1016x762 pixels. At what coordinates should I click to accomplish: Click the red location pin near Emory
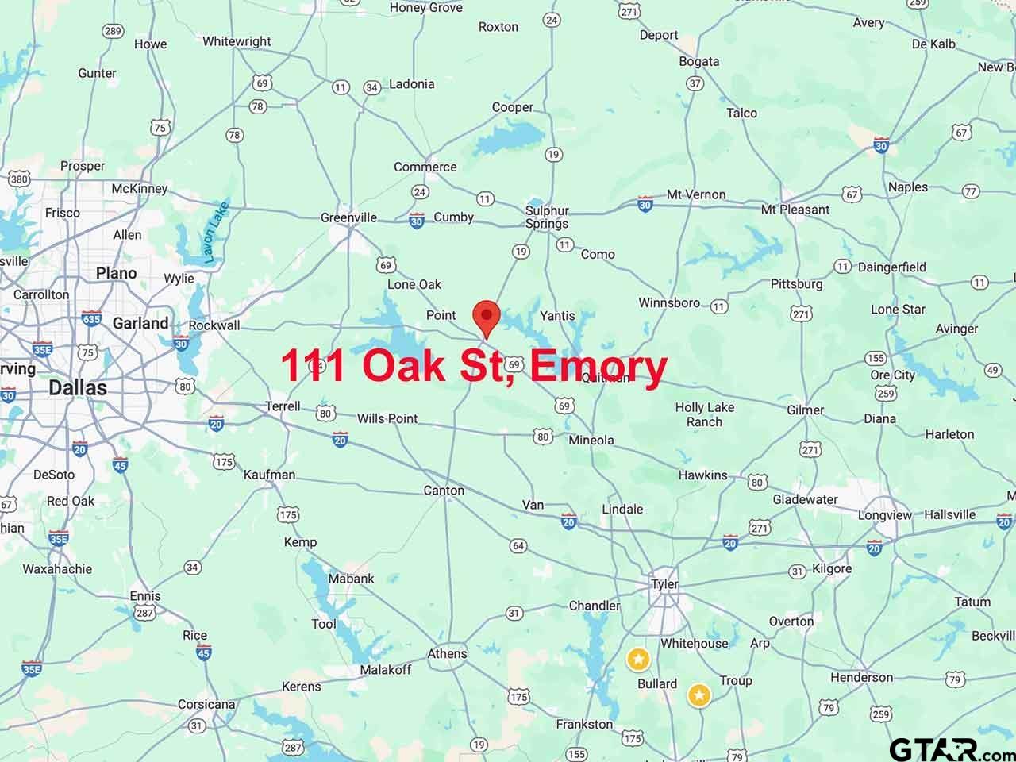(486, 317)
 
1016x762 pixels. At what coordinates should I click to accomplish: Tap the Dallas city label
(77, 388)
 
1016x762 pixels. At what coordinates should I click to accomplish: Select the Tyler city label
(664, 584)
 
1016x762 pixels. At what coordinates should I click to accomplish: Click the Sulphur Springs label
(547, 217)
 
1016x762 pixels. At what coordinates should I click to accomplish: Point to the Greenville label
(348, 217)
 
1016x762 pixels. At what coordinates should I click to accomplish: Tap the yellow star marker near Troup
(698, 695)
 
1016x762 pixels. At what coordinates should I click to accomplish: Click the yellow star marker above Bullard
(638, 659)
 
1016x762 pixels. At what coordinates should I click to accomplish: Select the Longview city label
(885, 515)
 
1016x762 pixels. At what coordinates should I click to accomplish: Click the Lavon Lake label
(214, 233)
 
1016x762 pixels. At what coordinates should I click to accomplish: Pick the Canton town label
(444, 491)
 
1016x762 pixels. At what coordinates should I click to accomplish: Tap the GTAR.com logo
(949, 749)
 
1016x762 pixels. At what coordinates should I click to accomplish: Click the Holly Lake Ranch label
(704, 414)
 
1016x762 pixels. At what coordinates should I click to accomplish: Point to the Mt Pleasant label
(795, 210)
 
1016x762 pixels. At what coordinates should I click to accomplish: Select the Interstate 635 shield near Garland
(91, 318)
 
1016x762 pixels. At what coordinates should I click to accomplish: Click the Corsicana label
(206, 704)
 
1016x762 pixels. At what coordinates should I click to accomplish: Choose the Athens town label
(447, 654)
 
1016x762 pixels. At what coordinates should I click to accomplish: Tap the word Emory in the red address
(598, 366)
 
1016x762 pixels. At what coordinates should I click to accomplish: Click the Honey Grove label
(425, 8)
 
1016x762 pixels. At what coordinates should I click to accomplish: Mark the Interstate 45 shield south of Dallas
(120, 464)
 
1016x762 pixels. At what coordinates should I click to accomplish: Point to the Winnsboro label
(669, 302)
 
